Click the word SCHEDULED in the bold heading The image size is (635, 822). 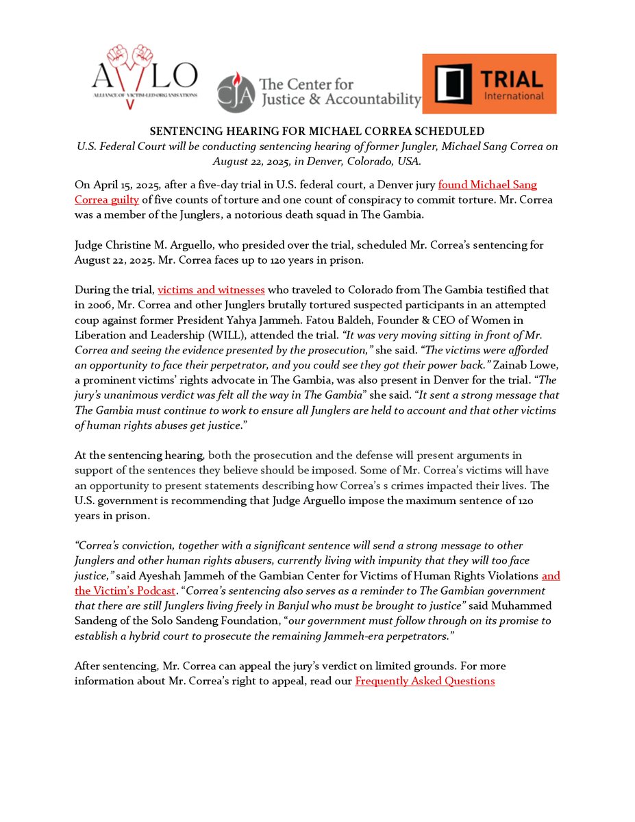(x=451, y=131)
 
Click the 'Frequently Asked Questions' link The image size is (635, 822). (x=425, y=681)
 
